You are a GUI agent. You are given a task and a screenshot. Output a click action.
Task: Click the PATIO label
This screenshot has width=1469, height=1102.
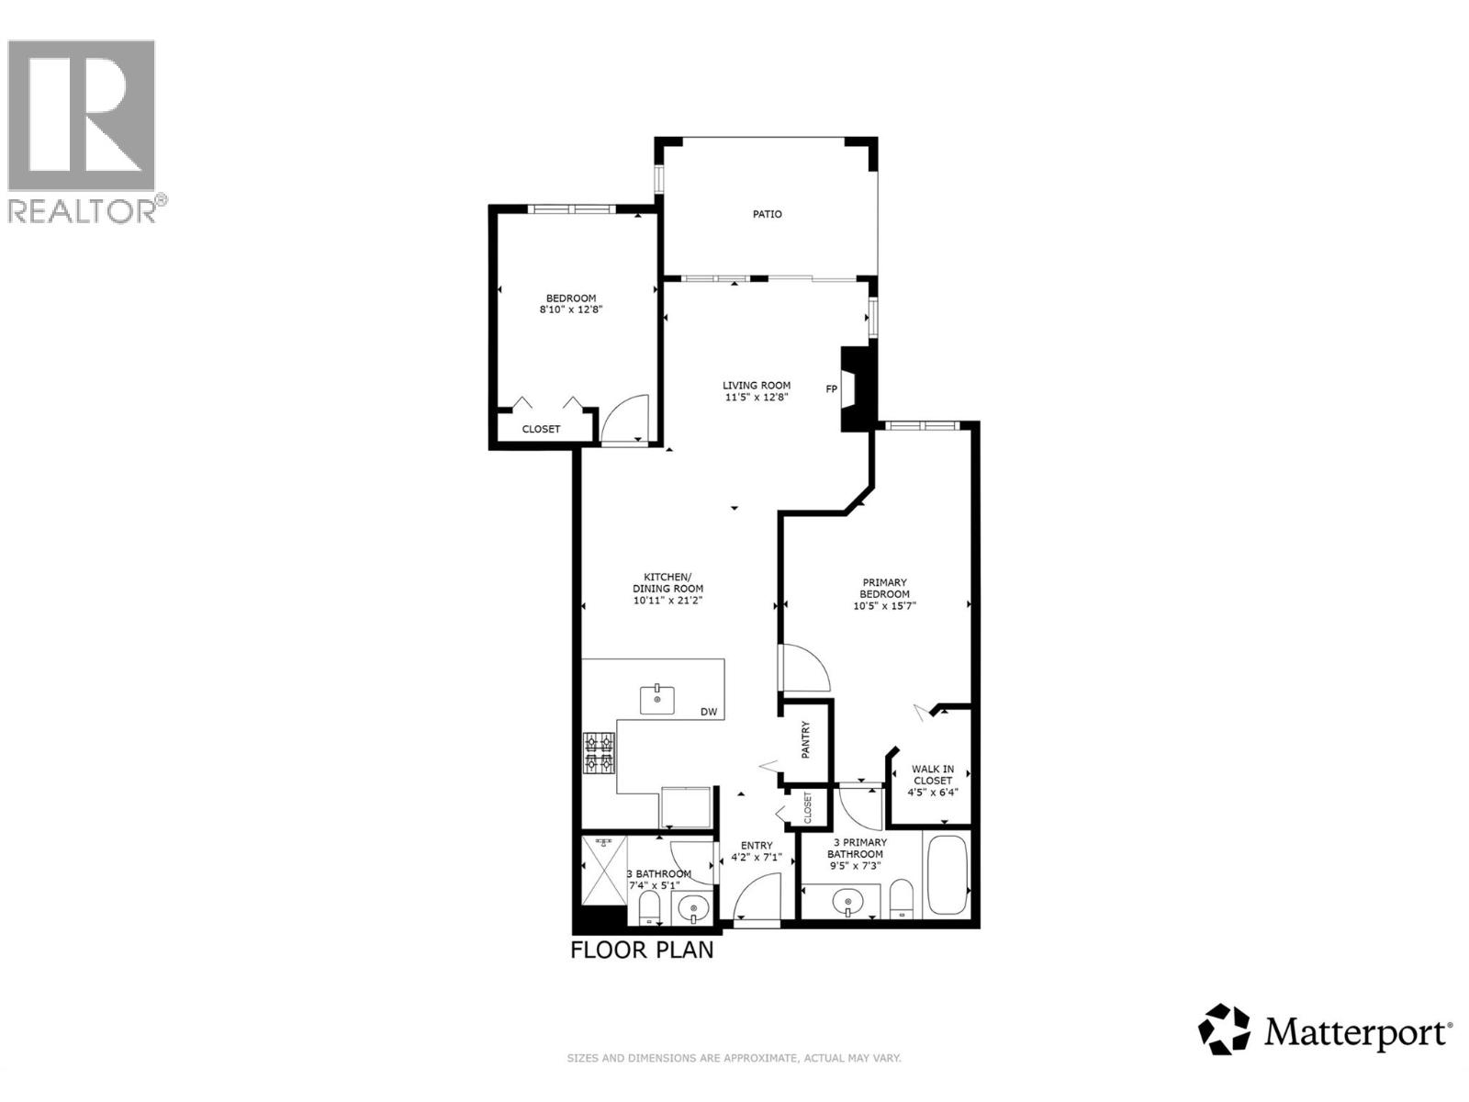[x=768, y=214]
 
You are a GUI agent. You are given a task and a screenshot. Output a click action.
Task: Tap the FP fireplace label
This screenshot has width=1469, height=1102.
[x=832, y=389]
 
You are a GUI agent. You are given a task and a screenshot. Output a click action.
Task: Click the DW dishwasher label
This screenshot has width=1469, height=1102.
[x=708, y=713]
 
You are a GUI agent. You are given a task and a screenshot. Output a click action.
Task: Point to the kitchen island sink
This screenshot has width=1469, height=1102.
[x=656, y=700]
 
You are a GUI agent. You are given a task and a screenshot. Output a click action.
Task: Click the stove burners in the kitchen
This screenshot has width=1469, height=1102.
[x=600, y=753]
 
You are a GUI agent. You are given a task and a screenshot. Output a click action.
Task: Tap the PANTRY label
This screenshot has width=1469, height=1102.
[x=806, y=740]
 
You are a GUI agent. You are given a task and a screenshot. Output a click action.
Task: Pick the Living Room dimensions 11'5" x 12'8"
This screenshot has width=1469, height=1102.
[x=756, y=398]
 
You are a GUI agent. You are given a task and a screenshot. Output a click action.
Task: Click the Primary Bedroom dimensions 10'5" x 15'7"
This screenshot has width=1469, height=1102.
[x=885, y=606]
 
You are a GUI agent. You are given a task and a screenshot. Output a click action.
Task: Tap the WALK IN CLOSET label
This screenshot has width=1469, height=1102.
[x=932, y=775]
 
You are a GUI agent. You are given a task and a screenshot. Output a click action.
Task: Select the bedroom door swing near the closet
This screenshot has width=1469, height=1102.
[x=625, y=419]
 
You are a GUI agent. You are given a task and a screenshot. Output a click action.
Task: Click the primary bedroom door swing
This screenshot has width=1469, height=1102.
[x=804, y=668]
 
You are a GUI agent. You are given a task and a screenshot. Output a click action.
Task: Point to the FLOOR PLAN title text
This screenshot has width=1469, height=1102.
[x=642, y=950]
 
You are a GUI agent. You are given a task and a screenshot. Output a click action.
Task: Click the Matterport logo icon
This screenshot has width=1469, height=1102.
[x=1224, y=1029]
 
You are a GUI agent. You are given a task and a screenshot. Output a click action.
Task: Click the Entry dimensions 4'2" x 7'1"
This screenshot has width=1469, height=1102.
[x=756, y=859]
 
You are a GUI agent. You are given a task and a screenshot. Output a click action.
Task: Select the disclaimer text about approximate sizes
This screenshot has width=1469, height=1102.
[x=734, y=1059]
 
